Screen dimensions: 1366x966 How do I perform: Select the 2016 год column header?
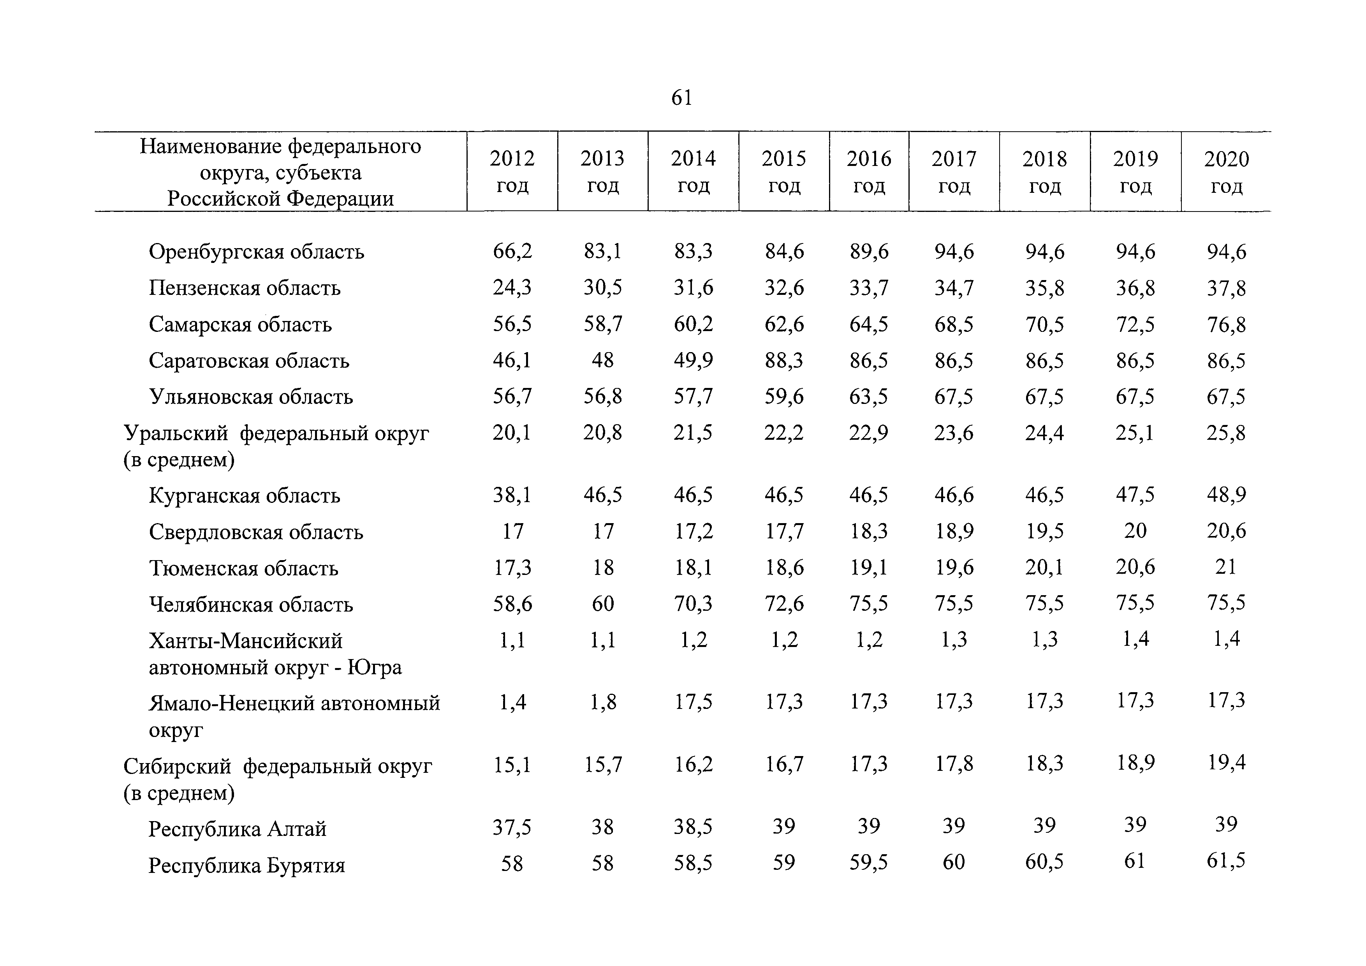[x=869, y=172]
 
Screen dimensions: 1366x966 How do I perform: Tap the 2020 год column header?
[x=1227, y=172]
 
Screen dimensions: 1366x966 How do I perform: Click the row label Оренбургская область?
[x=257, y=252]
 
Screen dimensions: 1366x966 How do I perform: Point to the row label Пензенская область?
[x=245, y=288]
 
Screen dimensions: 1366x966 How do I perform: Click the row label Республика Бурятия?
[x=247, y=865]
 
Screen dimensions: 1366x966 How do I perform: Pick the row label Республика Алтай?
[x=238, y=829]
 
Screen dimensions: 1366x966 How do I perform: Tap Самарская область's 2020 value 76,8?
[x=1226, y=325]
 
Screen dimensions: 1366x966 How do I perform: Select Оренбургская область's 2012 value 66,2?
[x=512, y=252]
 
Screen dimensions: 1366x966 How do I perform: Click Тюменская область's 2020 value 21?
[x=1226, y=567]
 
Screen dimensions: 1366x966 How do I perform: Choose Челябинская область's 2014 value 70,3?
[x=693, y=603]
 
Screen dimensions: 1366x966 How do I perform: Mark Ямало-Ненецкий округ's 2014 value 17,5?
[x=693, y=702]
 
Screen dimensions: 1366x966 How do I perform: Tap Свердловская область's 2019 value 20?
[x=1135, y=530]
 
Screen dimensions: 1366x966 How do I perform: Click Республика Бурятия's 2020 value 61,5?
[x=1226, y=861]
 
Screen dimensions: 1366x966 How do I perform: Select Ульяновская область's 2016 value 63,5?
[x=869, y=397]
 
